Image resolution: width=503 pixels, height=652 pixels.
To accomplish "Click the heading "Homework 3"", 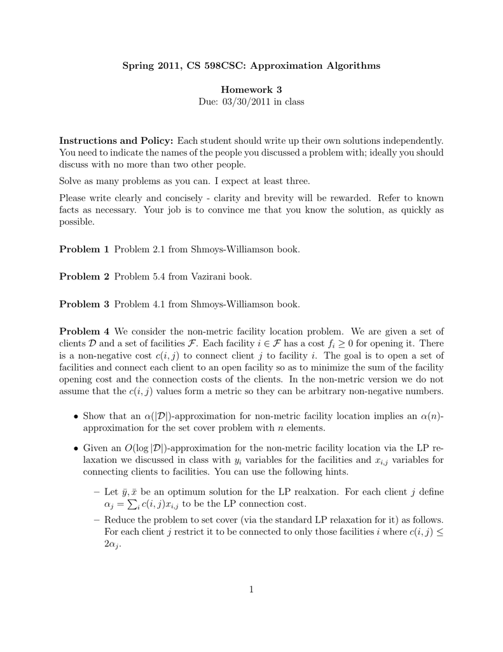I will pyautogui.click(x=252, y=90).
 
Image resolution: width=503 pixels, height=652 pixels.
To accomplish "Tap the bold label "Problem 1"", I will pyautogui.click(x=84, y=249).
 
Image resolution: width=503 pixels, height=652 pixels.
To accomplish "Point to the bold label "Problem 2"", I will pyautogui.click(x=84, y=276).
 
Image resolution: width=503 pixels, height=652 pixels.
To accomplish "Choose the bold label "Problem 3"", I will pyautogui.click(x=84, y=304).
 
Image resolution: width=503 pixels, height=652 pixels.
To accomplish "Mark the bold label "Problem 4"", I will pyautogui.click(x=84, y=332).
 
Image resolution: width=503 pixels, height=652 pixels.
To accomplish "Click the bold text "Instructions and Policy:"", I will pyautogui.click(x=116, y=140).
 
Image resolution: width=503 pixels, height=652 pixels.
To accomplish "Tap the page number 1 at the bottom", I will pyautogui.click(x=252, y=590).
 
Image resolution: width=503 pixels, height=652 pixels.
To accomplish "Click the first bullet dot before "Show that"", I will pyautogui.click(x=76, y=416).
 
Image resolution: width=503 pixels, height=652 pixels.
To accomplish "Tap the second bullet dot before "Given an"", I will pyautogui.click(x=76, y=448).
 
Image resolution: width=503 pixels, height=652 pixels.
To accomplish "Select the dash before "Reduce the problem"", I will pyautogui.click(x=96, y=520).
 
